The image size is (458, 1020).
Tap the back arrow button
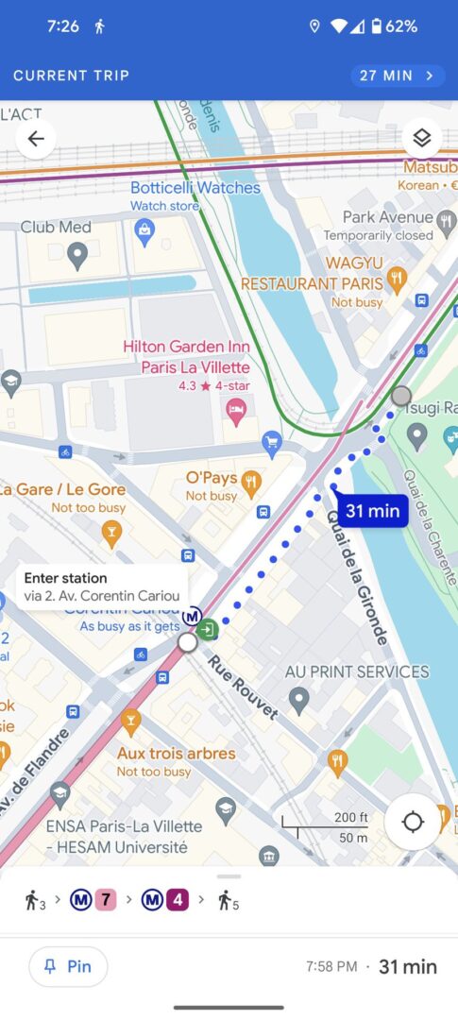(x=36, y=139)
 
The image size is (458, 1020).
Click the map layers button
(x=421, y=139)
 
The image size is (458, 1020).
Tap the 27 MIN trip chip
(x=397, y=76)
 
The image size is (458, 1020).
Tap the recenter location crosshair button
(x=413, y=822)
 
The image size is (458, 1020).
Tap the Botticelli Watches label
(x=195, y=188)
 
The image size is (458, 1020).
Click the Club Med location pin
(x=77, y=253)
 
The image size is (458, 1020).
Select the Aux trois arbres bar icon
(x=130, y=723)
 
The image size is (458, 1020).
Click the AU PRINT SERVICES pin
(x=299, y=700)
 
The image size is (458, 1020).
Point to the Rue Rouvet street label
(x=244, y=686)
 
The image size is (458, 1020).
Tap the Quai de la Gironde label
(x=356, y=578)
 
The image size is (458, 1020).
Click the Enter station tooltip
(x=102, y=586)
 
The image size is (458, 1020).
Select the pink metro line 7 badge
(x=106, y=900)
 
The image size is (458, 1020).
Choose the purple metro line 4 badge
(x=178, y=900)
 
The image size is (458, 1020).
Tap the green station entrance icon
(x=211, y=629)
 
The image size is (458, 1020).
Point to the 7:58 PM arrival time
(x=331, y=966)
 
